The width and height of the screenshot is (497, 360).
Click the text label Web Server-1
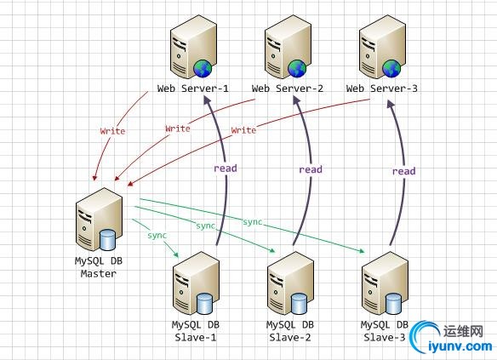point(193,89)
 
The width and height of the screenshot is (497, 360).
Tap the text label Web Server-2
point(288,89)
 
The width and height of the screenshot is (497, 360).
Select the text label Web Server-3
point(382,89)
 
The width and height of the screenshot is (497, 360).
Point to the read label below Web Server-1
point(226,168)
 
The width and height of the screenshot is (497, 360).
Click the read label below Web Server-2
point(311,169)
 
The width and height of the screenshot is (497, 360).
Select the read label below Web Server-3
point(403,171)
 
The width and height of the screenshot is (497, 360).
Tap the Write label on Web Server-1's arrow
point(112,132)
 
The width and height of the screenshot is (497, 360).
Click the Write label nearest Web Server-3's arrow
point(243,130)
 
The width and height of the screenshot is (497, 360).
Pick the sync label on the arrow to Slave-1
point(157,234)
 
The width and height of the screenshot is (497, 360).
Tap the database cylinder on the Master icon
point(108,239)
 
